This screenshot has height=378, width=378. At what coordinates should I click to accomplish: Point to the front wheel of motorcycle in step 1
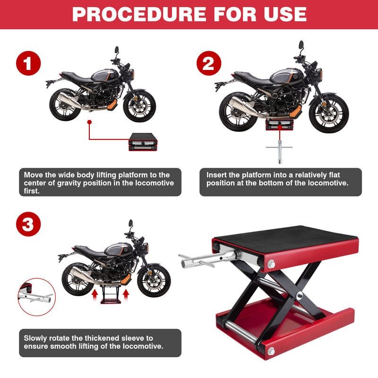coord(140,106)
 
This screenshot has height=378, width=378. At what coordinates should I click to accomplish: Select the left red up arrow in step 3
coord(94,295)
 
